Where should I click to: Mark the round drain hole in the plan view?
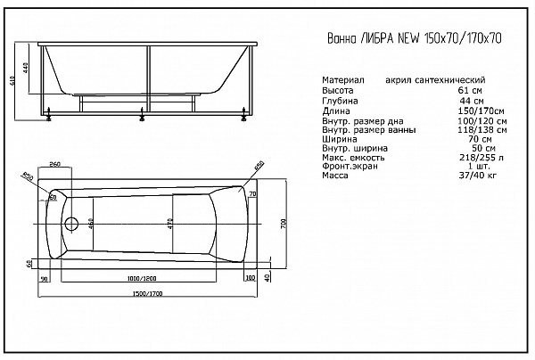71,223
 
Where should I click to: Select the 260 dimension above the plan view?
54,166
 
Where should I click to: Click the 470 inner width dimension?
169,223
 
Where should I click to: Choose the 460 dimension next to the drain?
90,223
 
